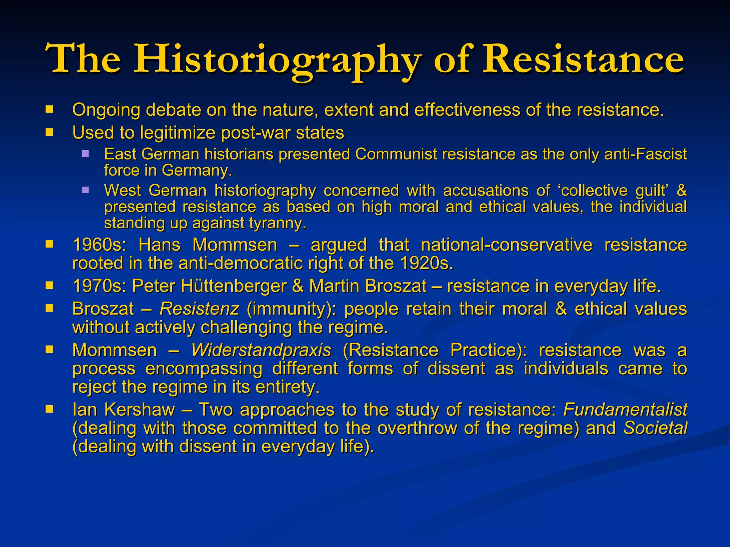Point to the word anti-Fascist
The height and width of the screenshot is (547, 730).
click(646, 155)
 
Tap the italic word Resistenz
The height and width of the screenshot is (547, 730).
click(199, 309)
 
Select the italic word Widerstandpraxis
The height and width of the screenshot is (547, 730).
click(261, 350)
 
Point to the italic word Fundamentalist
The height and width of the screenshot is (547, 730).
click(625, 410)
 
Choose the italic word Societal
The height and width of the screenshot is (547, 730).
click(655, 428)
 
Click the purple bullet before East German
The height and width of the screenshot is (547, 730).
click(85, 154)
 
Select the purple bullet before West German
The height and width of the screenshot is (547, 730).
click(85, 190)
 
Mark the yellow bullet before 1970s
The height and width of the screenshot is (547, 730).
click(49, 285)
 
